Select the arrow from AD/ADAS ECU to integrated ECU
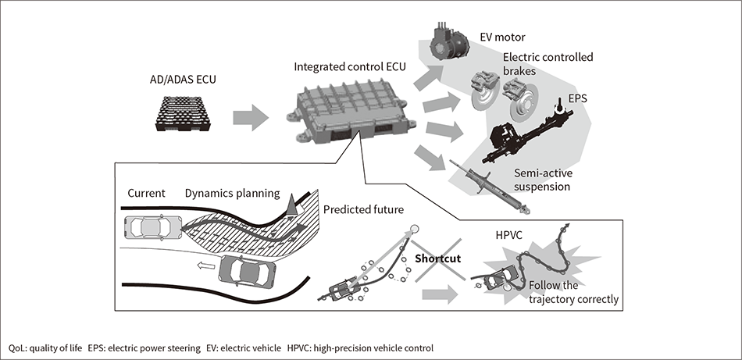point(251,118)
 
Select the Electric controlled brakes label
point(548,63)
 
